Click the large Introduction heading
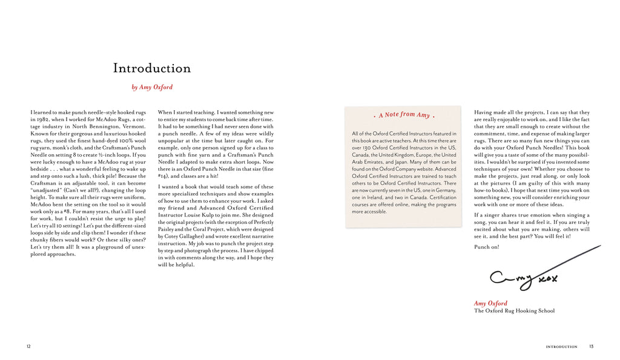coord(151,68)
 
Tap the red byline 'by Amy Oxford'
coord(152,87)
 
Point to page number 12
coord(28,346)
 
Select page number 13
coord(591,346)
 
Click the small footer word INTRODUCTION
coord(561,347)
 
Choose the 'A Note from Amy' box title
coord(404,115)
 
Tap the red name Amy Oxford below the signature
coord(490,303)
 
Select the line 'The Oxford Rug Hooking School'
coord(514,311)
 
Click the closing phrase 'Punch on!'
coord(487,247)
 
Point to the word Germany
coord(444,190)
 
